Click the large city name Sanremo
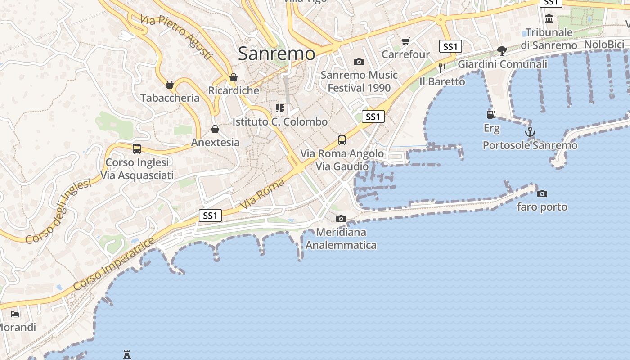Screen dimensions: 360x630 tap(276, 54)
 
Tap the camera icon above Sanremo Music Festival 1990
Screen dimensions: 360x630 tap(359, 62)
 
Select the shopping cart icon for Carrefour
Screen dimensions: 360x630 tap(405, 41)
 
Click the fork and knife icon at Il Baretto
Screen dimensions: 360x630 tap(442, 68)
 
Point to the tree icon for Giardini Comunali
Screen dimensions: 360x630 tap(502, 51)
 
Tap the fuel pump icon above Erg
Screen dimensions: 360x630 tap(491, 115)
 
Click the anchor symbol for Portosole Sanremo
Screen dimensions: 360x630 tap(530, 132)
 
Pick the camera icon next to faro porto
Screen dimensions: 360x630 tap(542, 193)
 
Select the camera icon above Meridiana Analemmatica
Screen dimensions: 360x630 tap(341, 219)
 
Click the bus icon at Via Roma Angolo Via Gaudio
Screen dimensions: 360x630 tap(342, 140)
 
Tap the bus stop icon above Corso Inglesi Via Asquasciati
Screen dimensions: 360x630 tap(137, 148)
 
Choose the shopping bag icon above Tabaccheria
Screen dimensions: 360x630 tap(170, 85)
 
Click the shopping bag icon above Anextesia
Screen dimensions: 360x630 tap(215, 129)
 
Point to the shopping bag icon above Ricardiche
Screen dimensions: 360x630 tap(233, 77)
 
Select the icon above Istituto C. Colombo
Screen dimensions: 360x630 tap(280, 108)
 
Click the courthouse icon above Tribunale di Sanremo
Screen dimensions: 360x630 tap(549, 19)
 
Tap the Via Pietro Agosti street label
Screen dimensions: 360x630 tap(175, 37)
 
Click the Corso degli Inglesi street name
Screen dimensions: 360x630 tap(58, 211)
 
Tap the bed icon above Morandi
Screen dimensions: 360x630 tap(15, 314)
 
